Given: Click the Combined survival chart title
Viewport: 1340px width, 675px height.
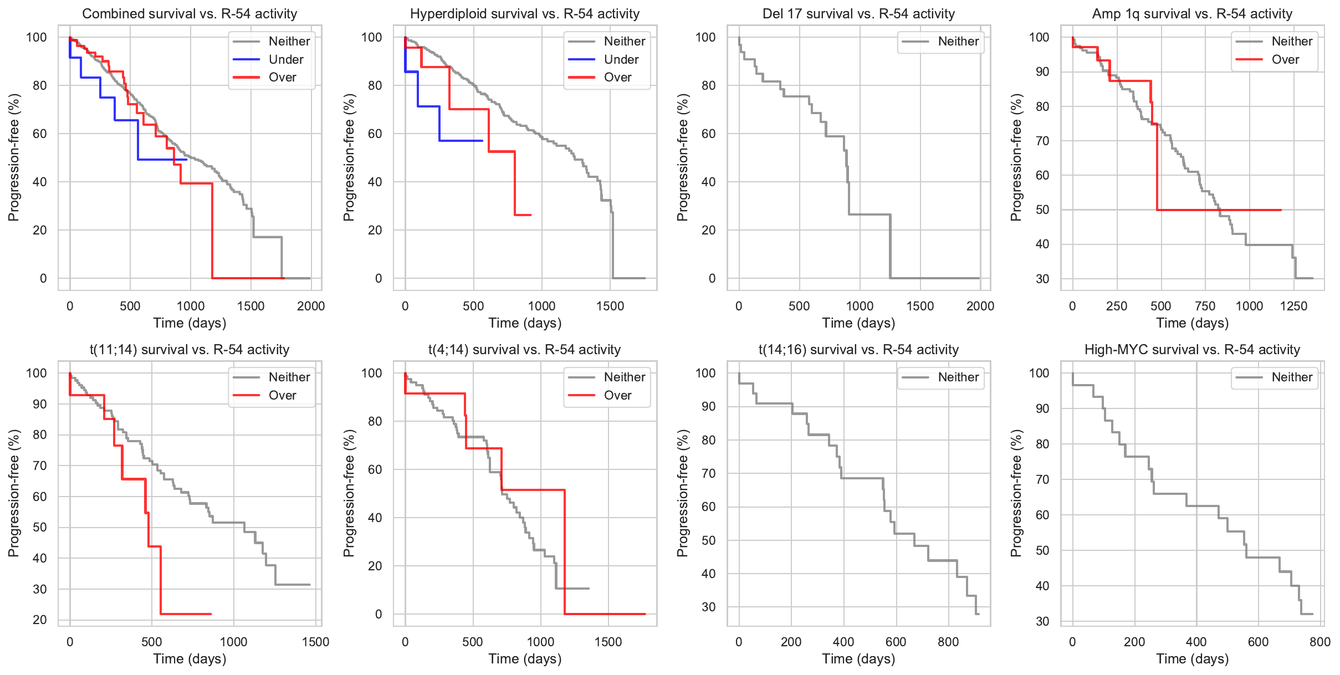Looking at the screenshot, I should pyautogui.click(x=190, y=14).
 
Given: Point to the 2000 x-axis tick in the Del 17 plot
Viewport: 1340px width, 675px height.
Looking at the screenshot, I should pyautogui.click(x=980, y=306).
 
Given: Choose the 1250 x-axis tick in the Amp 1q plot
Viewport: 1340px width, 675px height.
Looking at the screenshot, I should pyautogui.click(x=1293, y=306).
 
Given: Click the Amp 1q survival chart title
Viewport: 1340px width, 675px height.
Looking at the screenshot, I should pyautogui.click(x=1192, y=14).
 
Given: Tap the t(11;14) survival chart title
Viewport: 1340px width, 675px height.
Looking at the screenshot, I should pyautogui.click(x=190, y=350).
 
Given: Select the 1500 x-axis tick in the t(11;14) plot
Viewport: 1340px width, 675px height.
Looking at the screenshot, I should pyautogui.click(x=315, y=642).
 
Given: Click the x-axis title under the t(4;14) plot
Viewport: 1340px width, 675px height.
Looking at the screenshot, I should pyautogui.click(x=525, y=659).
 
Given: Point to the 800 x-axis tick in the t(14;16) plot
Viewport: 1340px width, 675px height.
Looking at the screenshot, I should pyautogui.click(x=948, y=642).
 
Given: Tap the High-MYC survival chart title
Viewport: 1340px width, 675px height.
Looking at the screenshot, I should pyautogui.click(x=1192, y=350).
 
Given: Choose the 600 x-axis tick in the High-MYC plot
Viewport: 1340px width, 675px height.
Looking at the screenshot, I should pyautogui.click(x=1258, y=642).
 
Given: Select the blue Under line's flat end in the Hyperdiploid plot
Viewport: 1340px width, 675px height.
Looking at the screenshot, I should pyautogui.click(x=481, y=141).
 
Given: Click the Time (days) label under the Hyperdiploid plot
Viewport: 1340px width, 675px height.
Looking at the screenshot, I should pyautogui.click(x=525, y=323).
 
